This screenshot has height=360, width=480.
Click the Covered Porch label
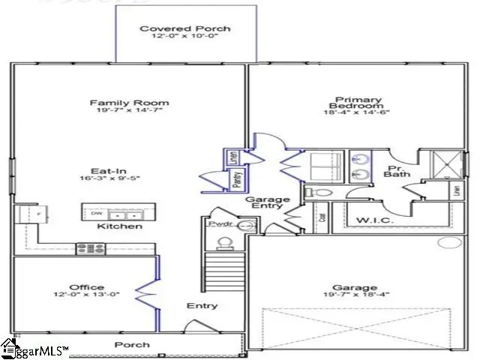pos(184,29)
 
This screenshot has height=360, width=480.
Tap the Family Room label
pos(129,103)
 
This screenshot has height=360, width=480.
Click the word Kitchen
pos(120,226)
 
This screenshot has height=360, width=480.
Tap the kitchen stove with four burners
pos(90,247)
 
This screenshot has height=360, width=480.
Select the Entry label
pos(202,305)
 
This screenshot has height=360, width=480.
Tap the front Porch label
pos(131,345)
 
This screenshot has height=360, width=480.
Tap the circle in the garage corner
pos(450,242)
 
